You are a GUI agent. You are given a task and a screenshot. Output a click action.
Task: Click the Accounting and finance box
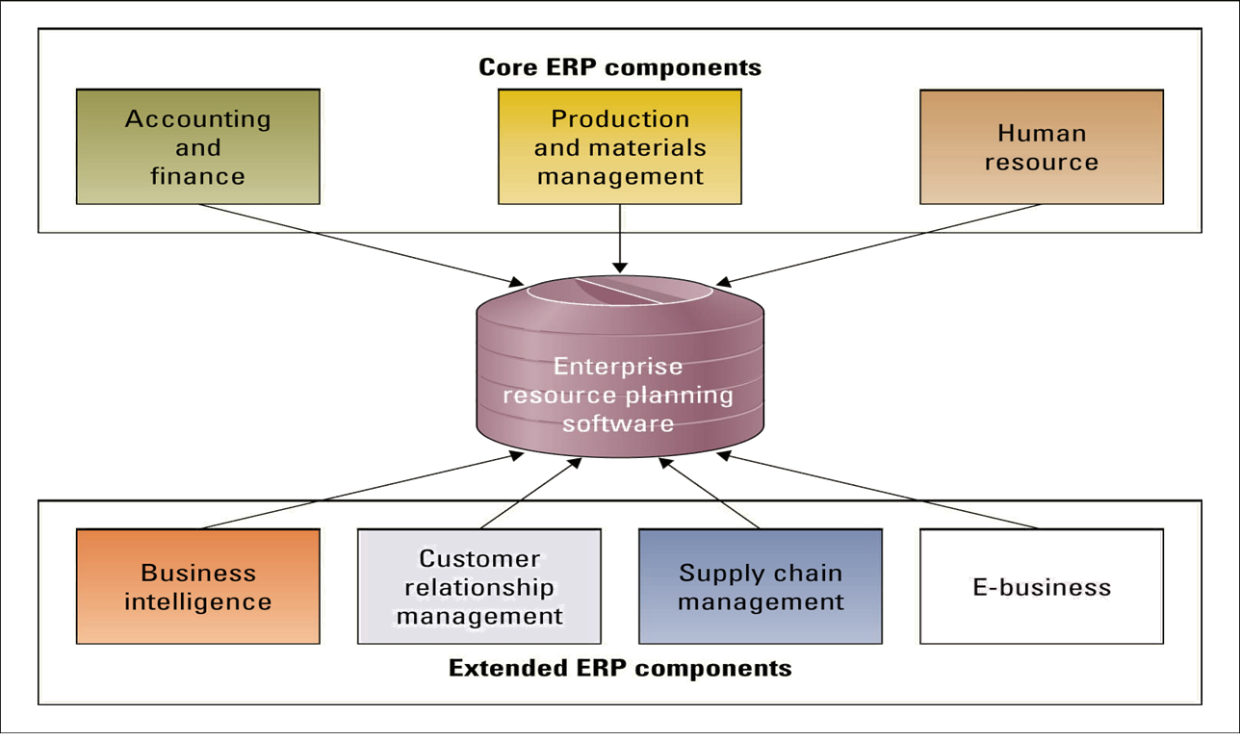(x=197, y=147)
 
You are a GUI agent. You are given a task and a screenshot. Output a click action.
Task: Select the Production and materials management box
(x=619, y=147)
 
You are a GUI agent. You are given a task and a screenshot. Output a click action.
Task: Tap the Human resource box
(x=1041, y=147)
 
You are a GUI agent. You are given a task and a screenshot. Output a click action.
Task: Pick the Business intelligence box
(x=197, y=586)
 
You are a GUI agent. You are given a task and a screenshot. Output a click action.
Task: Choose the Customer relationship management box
(x=478, y=586)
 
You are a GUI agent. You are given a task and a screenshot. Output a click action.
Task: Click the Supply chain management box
(x=760, y=586)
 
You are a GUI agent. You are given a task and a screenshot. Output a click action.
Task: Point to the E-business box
(x=1041, y=586)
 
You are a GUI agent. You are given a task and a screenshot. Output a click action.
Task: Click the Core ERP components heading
(x=619, y=67)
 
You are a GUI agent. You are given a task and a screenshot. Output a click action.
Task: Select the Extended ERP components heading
(x=619, y=668)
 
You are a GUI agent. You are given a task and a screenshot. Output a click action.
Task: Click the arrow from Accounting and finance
(x=356, y=244)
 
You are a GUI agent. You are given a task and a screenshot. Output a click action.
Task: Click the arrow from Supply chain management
(x=710, y=494)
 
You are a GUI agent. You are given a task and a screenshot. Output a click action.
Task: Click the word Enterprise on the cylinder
(x=618, y=367)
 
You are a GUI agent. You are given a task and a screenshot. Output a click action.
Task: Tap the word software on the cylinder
(x=618, y=423)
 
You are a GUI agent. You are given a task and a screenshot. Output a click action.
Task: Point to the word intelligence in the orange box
(x=197, y=602)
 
